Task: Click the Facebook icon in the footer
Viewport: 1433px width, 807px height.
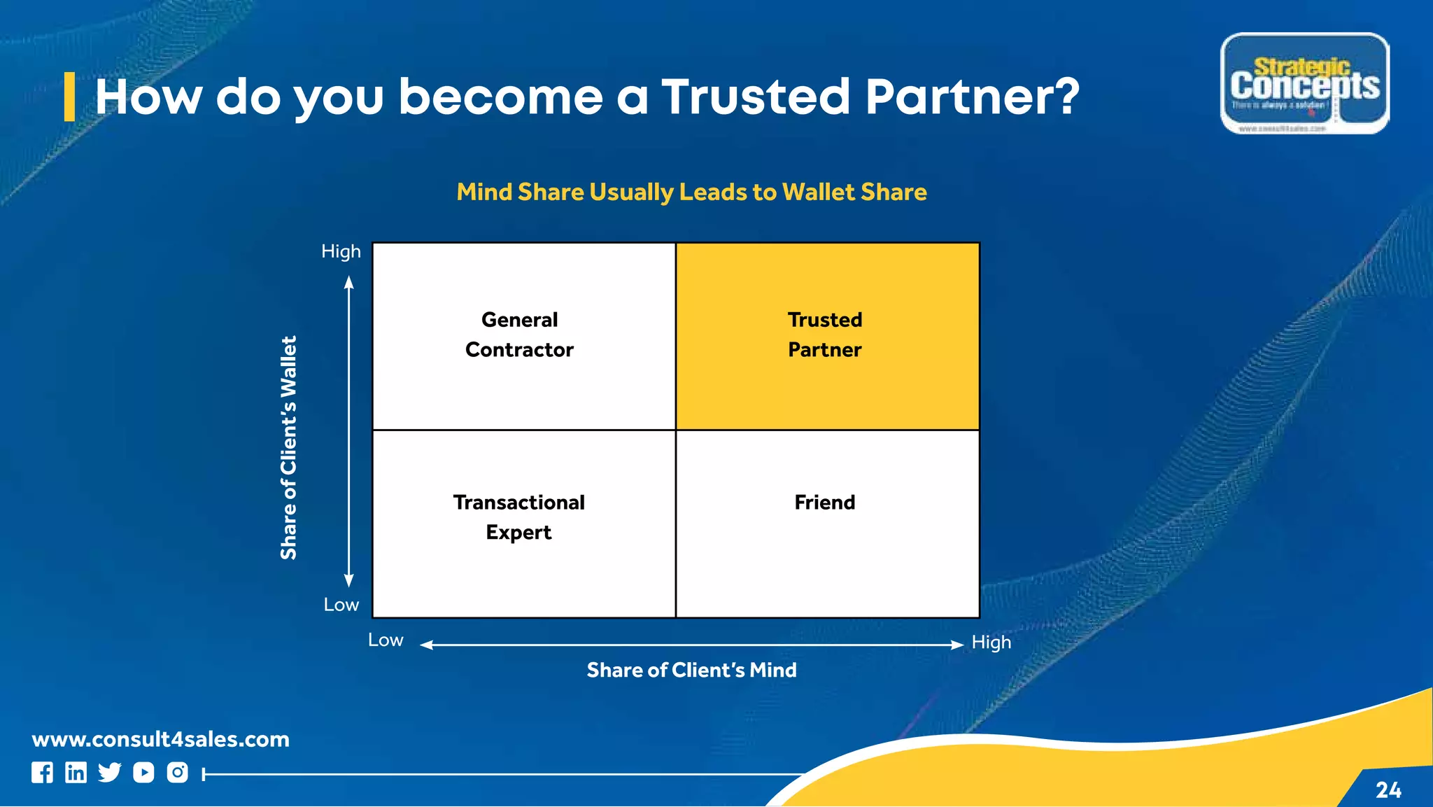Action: click(42, 773)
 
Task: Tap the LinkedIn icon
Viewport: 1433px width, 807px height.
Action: click(76, 773)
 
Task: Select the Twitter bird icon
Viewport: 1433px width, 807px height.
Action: click(109, 773)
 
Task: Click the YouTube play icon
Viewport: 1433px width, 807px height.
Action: click(143, 773)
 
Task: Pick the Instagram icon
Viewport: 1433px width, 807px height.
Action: click(177, 773)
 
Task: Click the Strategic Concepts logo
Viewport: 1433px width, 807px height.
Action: click(1304, 83)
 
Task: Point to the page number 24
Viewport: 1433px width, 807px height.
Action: click(1388, 790)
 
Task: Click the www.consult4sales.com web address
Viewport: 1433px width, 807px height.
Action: click(160, 739)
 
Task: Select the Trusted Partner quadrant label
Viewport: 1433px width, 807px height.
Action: click(825, 335)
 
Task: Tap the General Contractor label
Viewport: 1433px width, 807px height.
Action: click(519, 335)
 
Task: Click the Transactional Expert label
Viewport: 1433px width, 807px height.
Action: click(518, 517)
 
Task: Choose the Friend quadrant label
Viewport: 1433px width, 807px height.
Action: click(825, 503)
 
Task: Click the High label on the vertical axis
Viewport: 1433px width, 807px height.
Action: click(341, 251)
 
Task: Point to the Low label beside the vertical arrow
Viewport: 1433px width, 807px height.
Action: click(341, 605)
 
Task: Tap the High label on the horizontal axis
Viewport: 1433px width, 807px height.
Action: click(991, 643)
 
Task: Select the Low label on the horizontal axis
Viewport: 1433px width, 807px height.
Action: click(386, 640)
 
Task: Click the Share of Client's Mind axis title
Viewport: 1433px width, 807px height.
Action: click(691, 671)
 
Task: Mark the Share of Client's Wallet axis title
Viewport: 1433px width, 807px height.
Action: click(289, 447)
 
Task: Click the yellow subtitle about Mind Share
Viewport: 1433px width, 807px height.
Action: click(691, 192)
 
